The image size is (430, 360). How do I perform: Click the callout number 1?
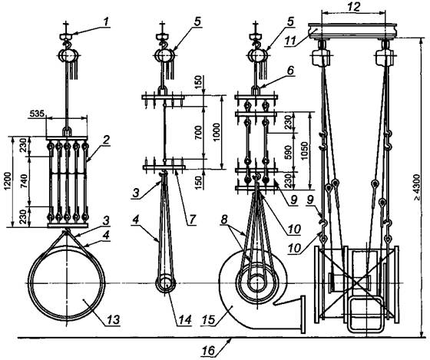(106, 21)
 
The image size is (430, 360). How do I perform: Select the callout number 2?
(106, 140)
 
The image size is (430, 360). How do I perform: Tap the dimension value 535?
(37, 114)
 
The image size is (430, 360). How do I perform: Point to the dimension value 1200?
(8, 181)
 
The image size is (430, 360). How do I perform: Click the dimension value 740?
(24, 181)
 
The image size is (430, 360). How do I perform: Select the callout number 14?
(184, 320)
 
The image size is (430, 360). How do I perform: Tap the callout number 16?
(208, 351)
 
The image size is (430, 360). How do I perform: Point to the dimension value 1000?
(217, 132)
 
